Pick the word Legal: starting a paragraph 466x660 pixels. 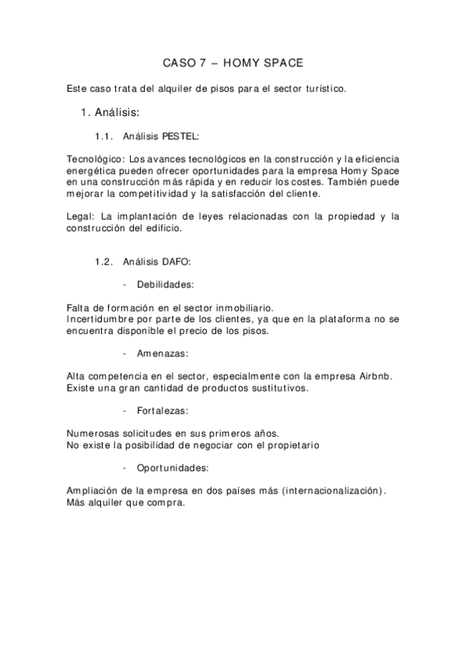82,216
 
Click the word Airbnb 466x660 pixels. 374,376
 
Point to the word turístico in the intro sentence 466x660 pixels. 322,89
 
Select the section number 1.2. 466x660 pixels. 105,262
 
